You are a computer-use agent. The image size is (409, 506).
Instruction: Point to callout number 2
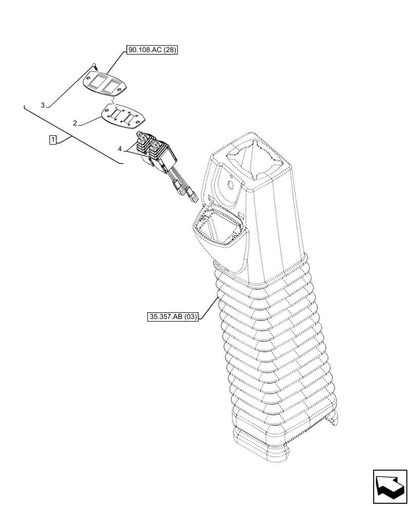point(75,123)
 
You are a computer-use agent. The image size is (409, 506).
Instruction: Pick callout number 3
point(44,105)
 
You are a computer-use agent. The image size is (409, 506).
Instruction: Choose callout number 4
point(120,149)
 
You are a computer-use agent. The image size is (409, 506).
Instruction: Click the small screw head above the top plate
point(94,65)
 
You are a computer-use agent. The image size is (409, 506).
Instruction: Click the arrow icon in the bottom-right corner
point(390,486)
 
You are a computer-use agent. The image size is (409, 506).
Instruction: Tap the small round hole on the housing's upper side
point(228,186)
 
